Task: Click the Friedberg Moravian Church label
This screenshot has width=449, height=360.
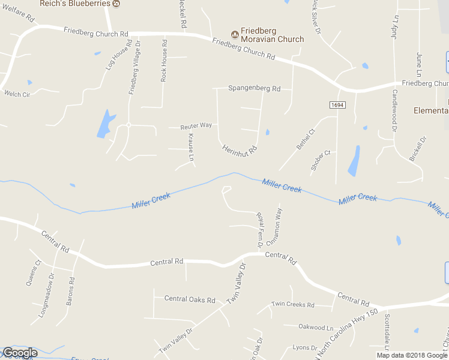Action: (272, 35)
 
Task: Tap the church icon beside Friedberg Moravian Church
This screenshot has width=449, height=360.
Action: (235, 32)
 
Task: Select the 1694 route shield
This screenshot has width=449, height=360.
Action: (338, 104)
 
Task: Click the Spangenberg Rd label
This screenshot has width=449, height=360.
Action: (254, 88)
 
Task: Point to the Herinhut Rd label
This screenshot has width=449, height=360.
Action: (240, 148)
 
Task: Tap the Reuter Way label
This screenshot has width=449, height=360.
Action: (196, 126)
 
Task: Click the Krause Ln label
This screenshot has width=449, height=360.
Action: (191, 148)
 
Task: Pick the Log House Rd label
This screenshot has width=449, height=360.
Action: (118, 56)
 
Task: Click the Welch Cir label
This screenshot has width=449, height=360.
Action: (17, 94)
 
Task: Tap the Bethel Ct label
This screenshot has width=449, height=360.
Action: (306, 139)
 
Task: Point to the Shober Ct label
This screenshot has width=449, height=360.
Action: (321, 161)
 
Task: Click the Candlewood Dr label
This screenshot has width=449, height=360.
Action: (395, 110)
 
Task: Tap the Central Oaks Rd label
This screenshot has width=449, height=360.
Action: (190, 299)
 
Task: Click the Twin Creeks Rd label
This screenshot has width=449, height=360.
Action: (293, 305)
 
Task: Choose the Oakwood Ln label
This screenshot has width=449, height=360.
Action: (316, 328)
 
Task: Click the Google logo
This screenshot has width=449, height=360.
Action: (20, 353)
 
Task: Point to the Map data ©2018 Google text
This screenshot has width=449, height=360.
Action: (412, 355)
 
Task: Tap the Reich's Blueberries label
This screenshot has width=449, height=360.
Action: (75, 4)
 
